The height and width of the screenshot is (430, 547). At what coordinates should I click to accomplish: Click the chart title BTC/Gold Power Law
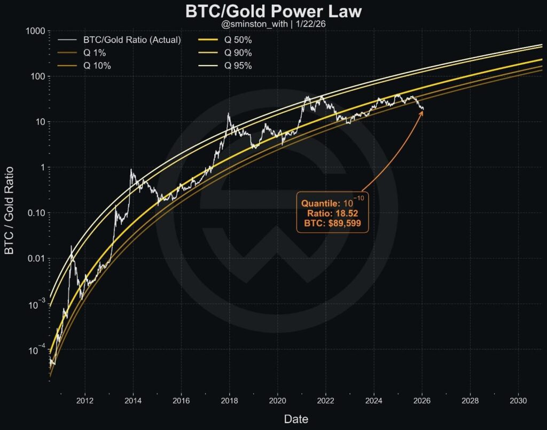(273, 12)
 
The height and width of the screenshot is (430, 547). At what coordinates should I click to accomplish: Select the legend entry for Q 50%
(238, 40)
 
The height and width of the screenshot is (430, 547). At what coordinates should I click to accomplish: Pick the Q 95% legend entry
(238, 66)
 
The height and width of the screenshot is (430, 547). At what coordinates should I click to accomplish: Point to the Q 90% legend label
(238, 53)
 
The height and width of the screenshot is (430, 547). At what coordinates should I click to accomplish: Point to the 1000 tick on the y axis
(34, 31)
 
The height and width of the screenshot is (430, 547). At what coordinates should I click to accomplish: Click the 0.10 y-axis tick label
(33, 213)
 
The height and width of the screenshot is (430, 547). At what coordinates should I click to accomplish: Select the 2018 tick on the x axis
(229, 400)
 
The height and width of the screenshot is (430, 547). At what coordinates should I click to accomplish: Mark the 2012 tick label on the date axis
(85, 400)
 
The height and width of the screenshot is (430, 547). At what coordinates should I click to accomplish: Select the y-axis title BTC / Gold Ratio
(10, 213)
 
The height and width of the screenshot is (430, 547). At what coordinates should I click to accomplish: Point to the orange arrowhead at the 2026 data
(422, 111)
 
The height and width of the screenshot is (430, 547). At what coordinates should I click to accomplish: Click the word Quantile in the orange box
(319, 204)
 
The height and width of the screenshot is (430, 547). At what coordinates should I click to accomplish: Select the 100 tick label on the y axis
(36, 76)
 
